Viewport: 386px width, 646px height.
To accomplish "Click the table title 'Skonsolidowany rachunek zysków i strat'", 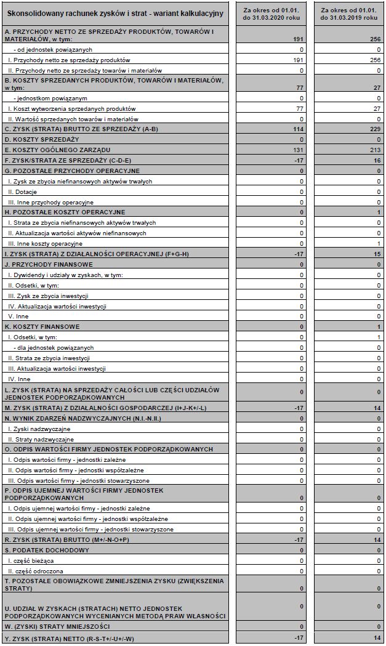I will coord(115,13).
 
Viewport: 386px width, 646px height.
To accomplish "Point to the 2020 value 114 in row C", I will coord(299,129).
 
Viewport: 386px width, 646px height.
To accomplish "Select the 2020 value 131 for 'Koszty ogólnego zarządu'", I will coord(299,149).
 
